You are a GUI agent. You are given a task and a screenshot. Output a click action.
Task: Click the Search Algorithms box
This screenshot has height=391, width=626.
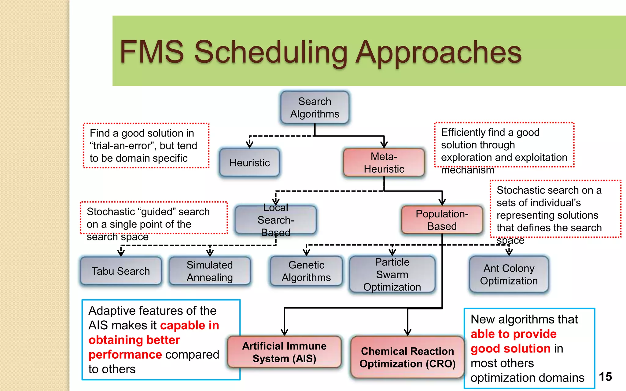point(315,108)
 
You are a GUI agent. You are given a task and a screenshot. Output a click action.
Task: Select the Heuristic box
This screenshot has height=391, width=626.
point(249,163)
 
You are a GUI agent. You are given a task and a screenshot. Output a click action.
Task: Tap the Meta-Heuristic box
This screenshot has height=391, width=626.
point(384,163)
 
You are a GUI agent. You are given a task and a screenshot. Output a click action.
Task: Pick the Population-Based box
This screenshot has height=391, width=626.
point(442,220)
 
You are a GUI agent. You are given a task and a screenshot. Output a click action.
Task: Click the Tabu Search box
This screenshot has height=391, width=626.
point(121,271)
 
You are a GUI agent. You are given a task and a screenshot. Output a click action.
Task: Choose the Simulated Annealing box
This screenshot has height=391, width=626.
point(210,271)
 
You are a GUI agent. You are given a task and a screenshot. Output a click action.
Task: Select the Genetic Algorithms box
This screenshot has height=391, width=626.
point(306,271)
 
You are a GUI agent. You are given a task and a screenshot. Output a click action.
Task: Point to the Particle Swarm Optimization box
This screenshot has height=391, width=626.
point(392,274)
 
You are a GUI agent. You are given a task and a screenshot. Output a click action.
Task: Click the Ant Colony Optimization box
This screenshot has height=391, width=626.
point(509,274)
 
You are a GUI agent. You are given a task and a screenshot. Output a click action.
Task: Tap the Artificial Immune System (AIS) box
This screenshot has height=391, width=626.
point(284,352)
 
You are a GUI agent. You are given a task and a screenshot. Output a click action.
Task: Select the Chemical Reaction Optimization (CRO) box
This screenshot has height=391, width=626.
point(407,357)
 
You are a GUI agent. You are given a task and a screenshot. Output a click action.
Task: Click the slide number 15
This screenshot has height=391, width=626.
point(605,377)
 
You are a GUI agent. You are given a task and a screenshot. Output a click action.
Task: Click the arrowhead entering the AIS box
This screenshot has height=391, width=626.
point(284,332)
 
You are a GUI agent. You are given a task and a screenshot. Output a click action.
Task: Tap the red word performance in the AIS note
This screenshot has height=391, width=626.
point(125,355)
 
